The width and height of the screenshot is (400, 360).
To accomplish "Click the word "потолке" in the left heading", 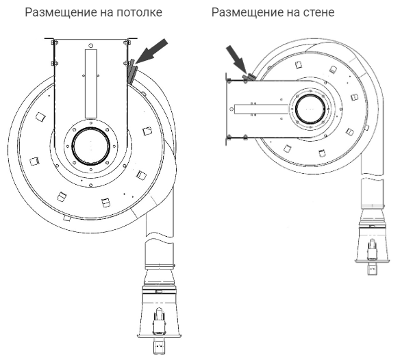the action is coord(139,12).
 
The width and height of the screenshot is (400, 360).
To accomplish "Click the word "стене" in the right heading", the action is coord(318,12).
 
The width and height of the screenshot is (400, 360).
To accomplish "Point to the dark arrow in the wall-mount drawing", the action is coord(236,59).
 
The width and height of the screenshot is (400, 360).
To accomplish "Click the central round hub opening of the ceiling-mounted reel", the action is coord(91,146).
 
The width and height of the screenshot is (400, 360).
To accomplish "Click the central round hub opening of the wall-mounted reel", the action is coord(310,109).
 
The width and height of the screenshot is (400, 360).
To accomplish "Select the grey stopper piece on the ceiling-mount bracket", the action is coord(132,72).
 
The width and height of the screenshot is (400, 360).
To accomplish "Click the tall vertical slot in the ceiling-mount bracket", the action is coord(91,83).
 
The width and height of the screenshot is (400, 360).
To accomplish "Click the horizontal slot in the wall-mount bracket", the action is coord(261,109).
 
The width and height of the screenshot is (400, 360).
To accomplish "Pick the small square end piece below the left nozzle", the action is coord(159,346).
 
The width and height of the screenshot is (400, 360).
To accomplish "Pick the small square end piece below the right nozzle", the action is coord(372,269).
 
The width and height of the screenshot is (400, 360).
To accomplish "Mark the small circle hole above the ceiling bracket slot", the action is coord(90,45).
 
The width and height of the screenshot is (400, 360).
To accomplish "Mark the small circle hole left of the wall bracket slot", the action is coord(232,109).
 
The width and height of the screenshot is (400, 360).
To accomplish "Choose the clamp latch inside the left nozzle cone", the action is coord(159,322).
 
